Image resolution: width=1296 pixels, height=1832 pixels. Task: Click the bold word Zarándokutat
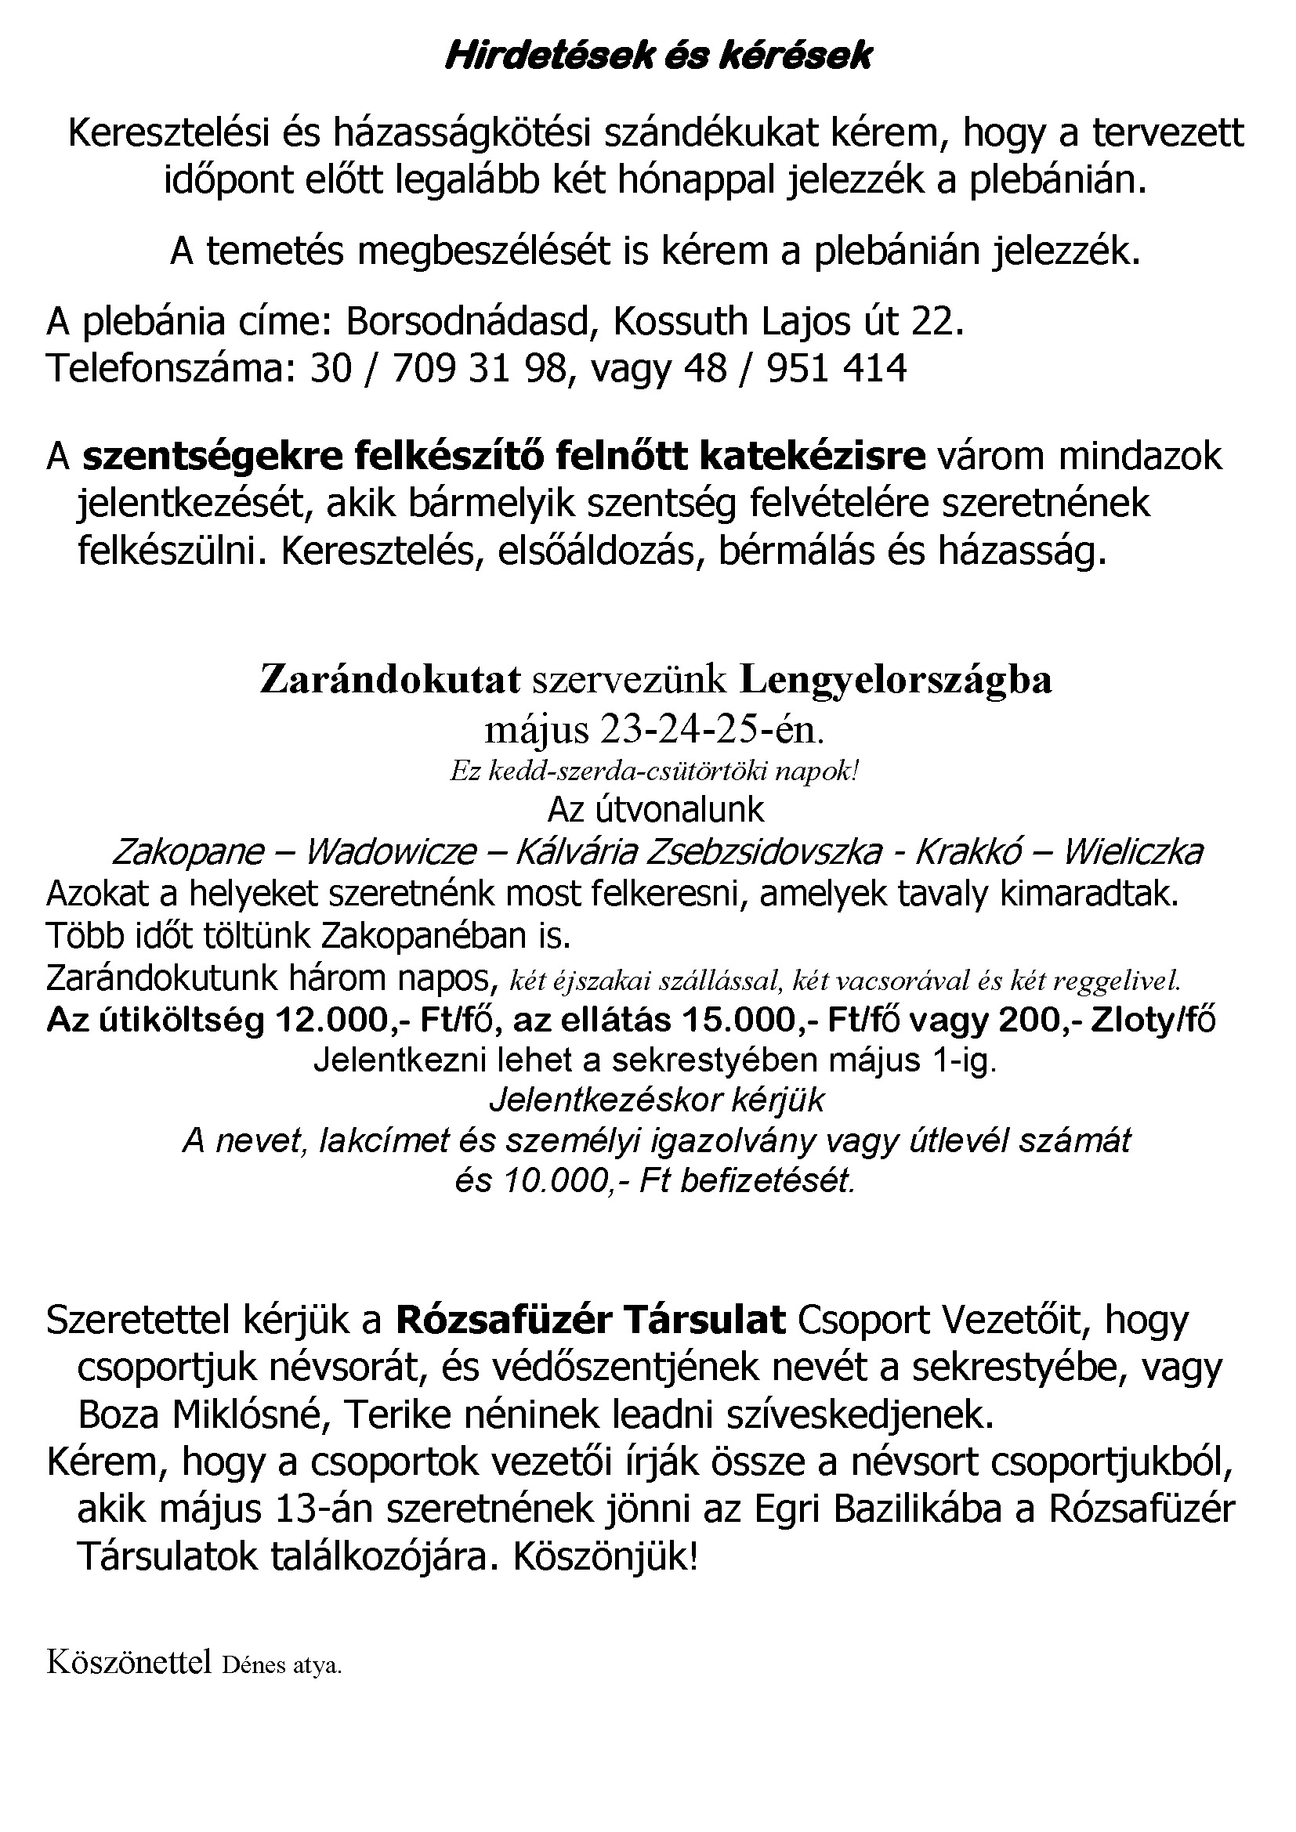pyautogui.click(x=390, y=680)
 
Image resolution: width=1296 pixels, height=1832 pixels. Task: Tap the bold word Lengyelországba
pyautogui.click(x=896, y=680)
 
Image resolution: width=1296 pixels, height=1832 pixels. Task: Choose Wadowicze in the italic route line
pyautogui.click(x=391, y=853)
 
